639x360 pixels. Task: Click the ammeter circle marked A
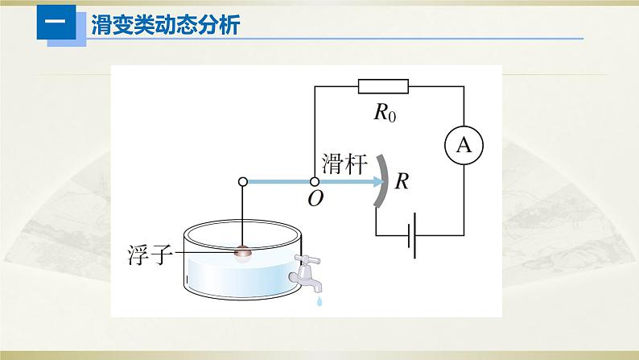[464, 145]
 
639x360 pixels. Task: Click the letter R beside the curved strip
[402, 182]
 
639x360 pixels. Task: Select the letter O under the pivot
[315, 199]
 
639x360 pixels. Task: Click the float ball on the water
[243, 254]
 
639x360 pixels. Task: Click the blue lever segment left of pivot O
[278, 182]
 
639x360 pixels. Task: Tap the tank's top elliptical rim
[242, 234]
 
